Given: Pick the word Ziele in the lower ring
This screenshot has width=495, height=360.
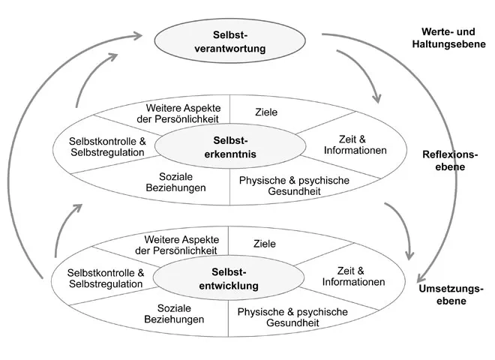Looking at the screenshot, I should tap(264, 244).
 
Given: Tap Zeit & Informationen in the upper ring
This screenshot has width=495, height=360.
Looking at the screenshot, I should tap(354, 144).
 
